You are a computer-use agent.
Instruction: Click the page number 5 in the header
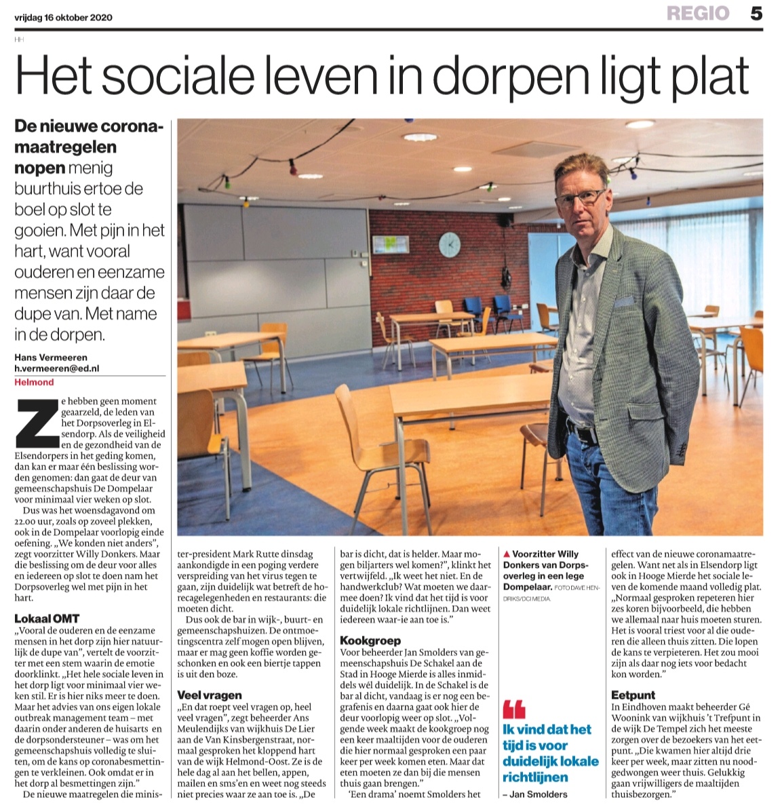pyautogui.click(x=756, y=14)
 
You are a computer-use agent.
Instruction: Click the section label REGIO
pyautogui.click(x=699, y=14)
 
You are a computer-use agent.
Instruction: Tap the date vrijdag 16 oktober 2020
pyautogui.click(x=64, y=18)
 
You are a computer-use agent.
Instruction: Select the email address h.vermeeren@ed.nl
pyautogui.click(x=56, y=368)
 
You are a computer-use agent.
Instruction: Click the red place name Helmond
pyautogui.click(x=34, y=382)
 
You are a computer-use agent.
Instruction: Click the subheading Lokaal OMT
pyautogui.click(x=47, y=619)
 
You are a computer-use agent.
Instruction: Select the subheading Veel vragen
pyautogui.click(x=210, y=695)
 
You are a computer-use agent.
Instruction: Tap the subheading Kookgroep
pyautogui.click(x=370, y=640)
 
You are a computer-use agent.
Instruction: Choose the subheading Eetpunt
pyautogui.click(x=633, y=695)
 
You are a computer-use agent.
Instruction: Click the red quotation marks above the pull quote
pyautogui.click(x=514, y=710)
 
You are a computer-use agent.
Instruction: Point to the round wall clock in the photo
pyautogui.click(x=449, y=244)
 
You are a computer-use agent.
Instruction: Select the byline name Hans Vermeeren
pyautogui.click(x=51, y=358)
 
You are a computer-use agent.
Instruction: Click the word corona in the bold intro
pyautogui.click(x=133, y=126)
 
